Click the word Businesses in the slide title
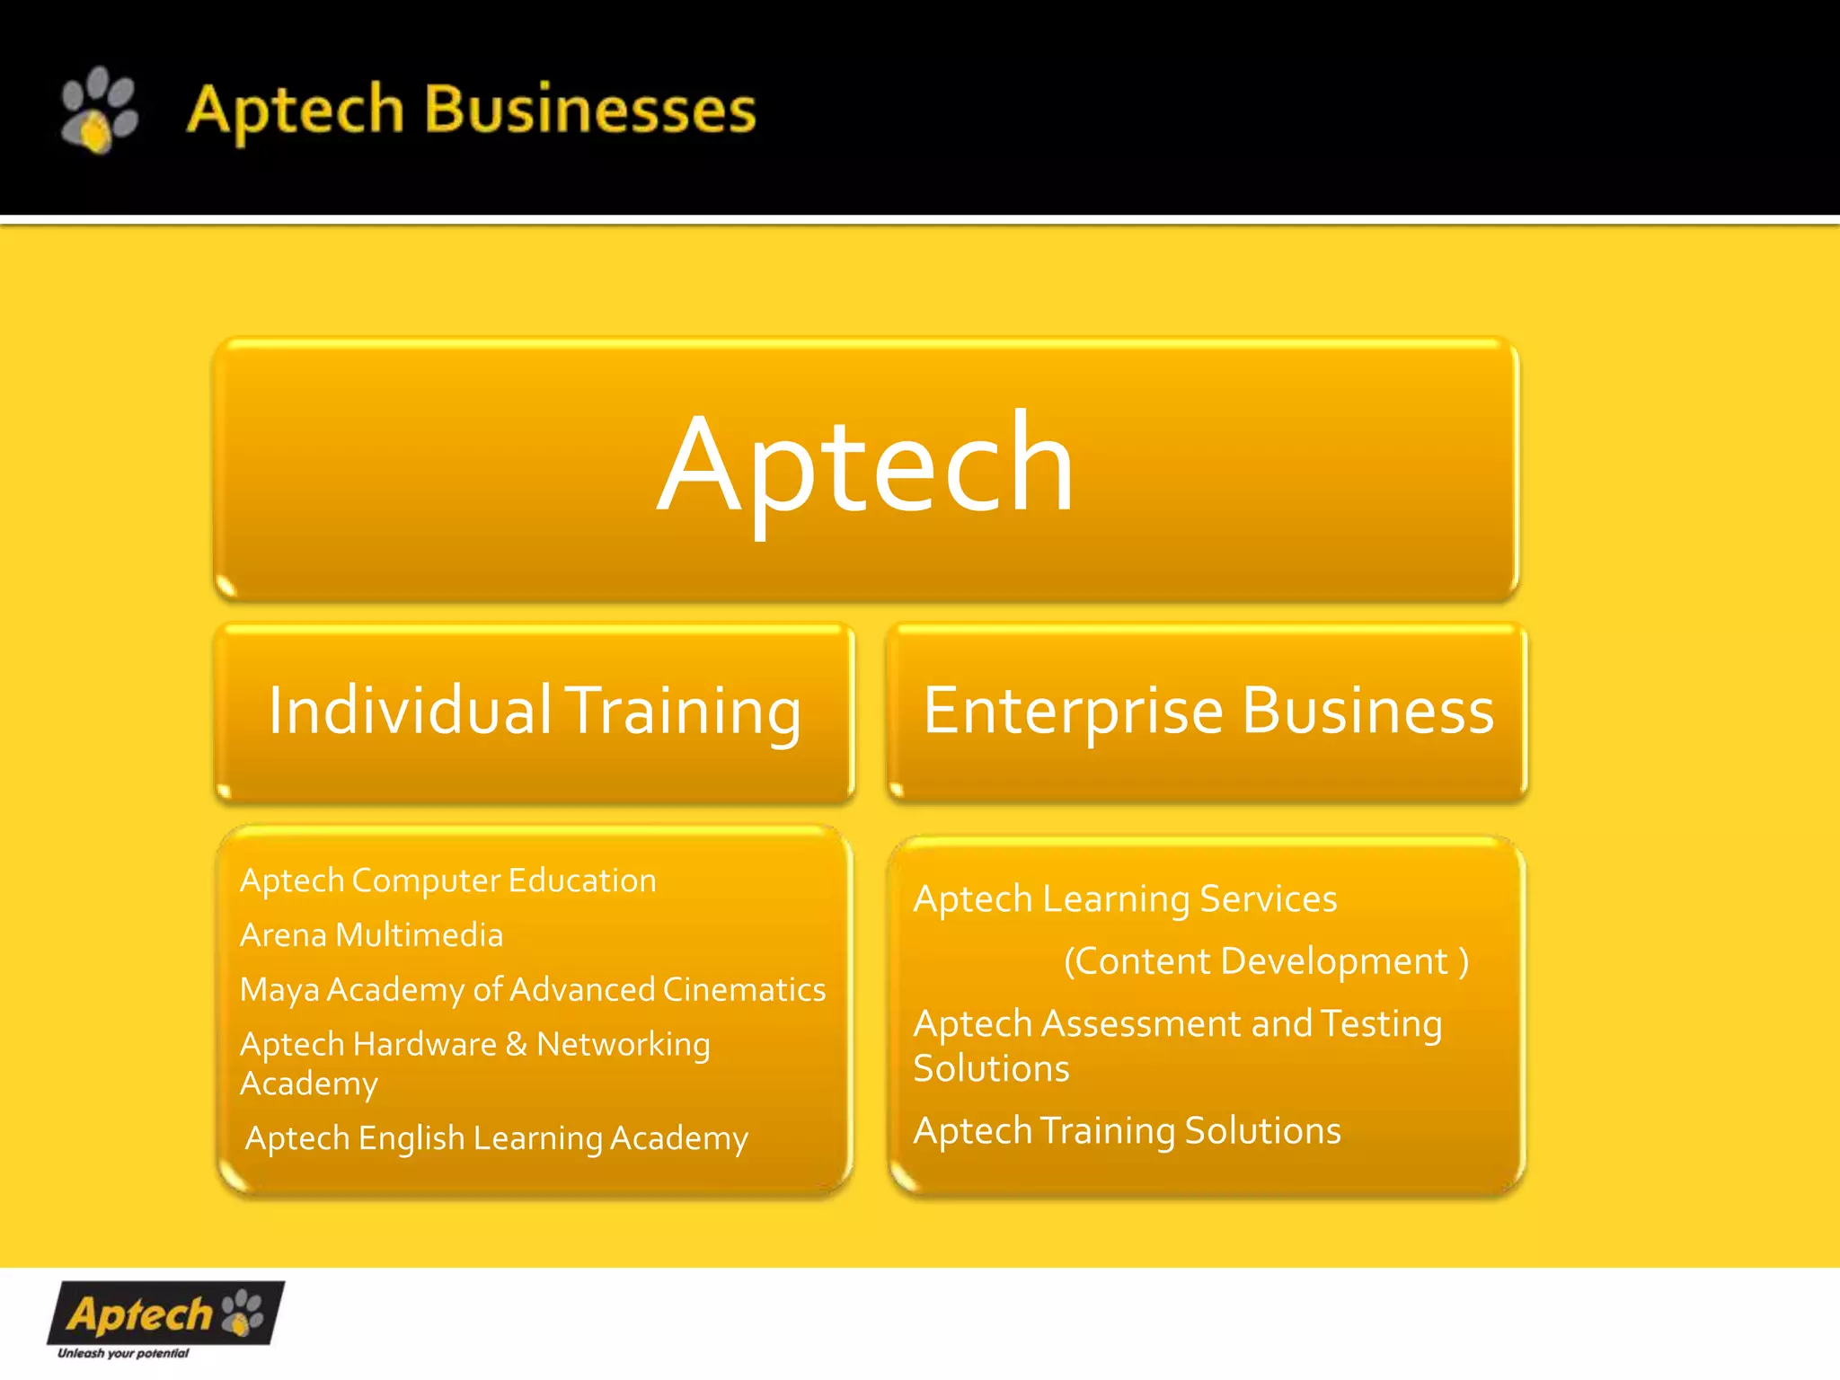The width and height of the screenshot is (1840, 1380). [x=589, y=110]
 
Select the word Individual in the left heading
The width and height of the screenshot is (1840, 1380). [x=410, y=711]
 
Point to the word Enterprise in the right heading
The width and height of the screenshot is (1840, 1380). [x=1073, y=711]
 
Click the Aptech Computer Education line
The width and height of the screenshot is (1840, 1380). [x=447, y=880]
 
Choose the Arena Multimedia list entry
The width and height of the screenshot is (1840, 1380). [x=371, y=935]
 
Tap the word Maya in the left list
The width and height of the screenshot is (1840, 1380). [x=279, y=990]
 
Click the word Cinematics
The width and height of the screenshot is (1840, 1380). [x=744, y=989]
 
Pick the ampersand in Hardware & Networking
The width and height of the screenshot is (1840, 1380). [x=516, y=1044]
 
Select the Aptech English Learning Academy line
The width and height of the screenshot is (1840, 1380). [x=496, y=1138]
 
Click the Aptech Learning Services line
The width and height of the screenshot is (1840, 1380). [x=1125, y=899]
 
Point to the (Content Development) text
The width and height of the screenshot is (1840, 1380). [x=1266, y=961]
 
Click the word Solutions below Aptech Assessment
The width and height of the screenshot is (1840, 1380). [x=991, y=1068]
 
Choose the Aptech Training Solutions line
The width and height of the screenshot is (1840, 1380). [x=1127, y=1130]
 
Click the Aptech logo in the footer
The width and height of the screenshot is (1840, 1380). [x=165, y=1314]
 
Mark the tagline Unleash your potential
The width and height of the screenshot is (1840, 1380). [x=123, y=1353]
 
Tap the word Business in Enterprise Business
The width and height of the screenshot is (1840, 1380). [x=1367, y=711]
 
